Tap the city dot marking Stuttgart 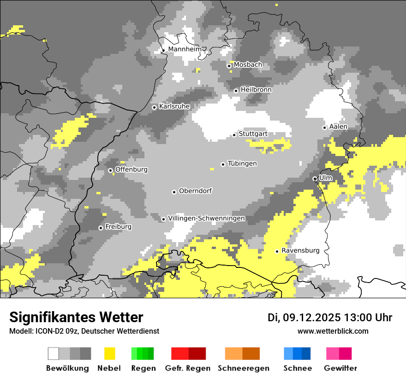(x=234, y=135)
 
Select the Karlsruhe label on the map (x=174, y=106)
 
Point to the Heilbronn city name (x=256, y=90)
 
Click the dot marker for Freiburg (x=101, y=228)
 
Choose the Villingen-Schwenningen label (x=206, y=218)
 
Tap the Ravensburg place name (x=300, y=250)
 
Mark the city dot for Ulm (x=315, y=179)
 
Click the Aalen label (x=338, y=127)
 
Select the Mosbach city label (x=248, y=65)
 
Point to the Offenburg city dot (x=110, y=170)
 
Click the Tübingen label (x=242, y=164)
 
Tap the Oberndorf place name (x=195, y=191)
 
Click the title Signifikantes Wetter (x=76, y=318)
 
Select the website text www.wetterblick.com (x=333, y=331)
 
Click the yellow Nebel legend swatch (x=109, y=353)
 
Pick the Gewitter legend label (x=340, y=368)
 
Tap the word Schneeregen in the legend (x=243, y=368)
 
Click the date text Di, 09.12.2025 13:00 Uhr (x=330, y=318)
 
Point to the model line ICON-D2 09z (x=84, y=331)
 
